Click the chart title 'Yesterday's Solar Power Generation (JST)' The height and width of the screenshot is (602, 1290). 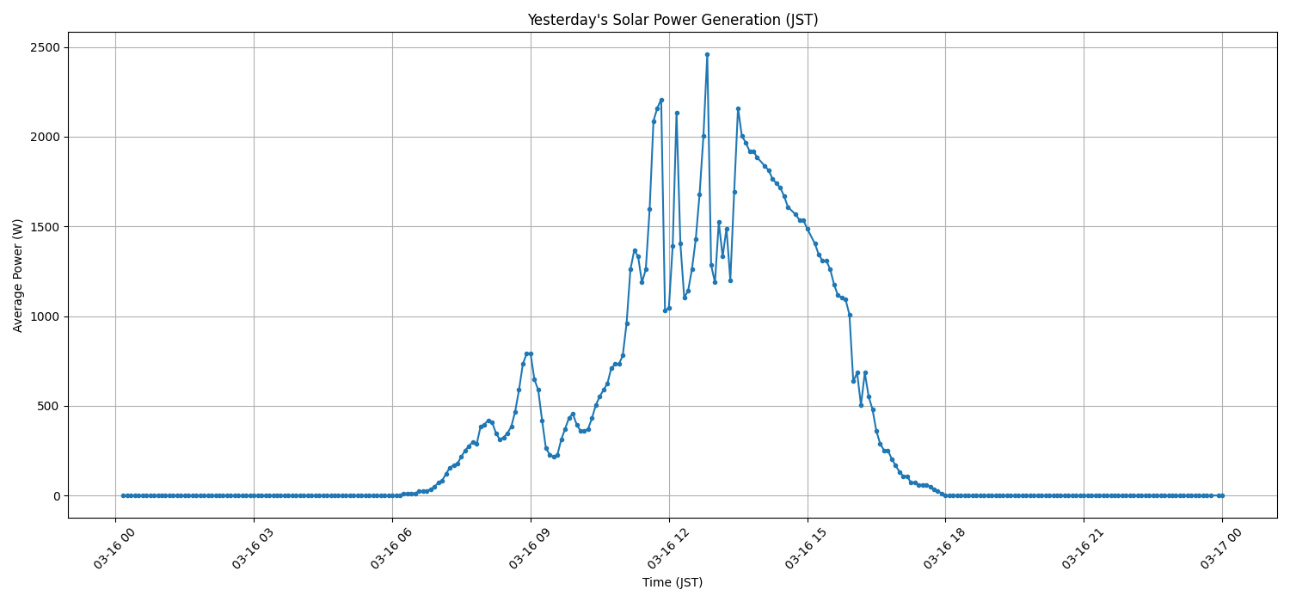[673, 20]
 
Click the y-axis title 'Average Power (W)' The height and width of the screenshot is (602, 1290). [18, 275]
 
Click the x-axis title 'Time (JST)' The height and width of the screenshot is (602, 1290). [673, 582]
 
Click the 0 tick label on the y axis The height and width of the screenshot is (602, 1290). [58, 496]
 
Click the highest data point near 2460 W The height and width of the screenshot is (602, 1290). [707, 54]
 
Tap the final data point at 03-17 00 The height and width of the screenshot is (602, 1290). [1222, 495]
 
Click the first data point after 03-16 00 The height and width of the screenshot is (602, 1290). [123, 495]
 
